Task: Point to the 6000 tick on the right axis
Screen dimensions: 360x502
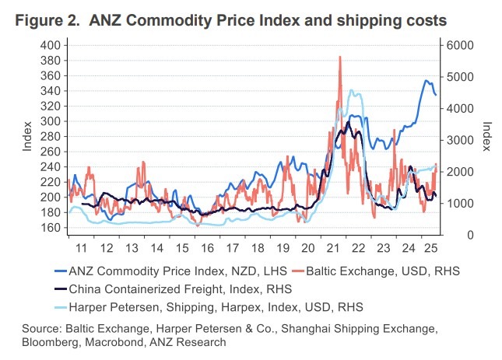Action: (x=458, y=45)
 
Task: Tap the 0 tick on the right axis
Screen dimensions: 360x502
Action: (x=449, y=235)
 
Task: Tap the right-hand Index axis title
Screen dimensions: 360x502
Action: (x=486, y=137)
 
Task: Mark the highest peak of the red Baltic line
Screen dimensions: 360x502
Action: (x=340, y=57)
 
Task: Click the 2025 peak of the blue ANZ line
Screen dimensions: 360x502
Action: (x=426, y=80)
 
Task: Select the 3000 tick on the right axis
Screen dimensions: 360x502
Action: (x=458, y=140)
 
